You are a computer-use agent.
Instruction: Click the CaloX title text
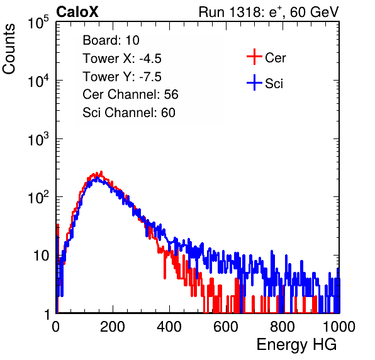click(x=77, y=12)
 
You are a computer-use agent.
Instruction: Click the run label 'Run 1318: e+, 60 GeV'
click(x=269, y=12)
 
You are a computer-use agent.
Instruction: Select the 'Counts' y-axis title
click(x=9, y=49)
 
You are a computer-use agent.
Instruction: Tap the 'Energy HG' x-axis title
click(x=296, y=345)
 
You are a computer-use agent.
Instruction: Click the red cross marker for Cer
click(x=254, y=57)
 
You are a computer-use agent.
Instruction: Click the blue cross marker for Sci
click(x=254, y=82)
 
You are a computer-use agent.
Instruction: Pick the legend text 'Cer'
click(x=275, y=58)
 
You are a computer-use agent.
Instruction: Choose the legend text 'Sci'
click(x=274, y=84)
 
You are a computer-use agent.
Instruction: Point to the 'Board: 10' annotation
click(x=111, y=40)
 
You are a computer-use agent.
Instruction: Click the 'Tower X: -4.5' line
click(x=122, y=58)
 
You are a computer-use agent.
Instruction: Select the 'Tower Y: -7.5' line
click(x=122, y=77)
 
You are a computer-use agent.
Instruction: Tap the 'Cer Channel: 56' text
click(x=130, y=94)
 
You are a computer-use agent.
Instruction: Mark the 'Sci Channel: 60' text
click(x=129, y=113)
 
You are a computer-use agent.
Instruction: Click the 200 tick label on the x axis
click(x=113, y=327)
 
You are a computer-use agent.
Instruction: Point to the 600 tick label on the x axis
click(x=226, y=327)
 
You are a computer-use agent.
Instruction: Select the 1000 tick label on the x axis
click(x=339, y=327)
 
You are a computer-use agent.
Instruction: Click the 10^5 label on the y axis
click(x=38, y=22)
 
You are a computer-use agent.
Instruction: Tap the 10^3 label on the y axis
click(x=38, y=138)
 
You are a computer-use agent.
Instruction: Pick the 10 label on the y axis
click(x=41, y=256)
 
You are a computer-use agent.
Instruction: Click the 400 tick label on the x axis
click(x=169, y=327)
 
